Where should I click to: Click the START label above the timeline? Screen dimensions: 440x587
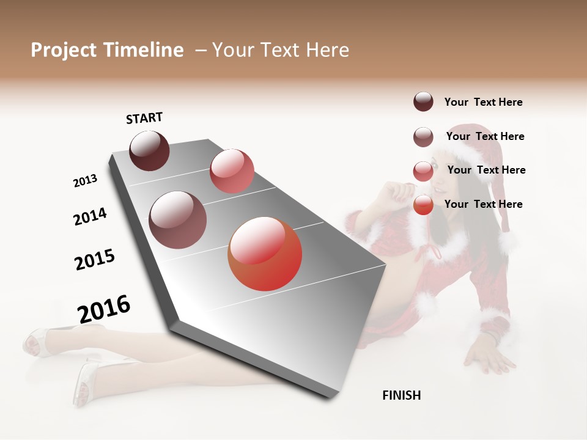144,118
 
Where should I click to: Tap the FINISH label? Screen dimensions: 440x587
401,395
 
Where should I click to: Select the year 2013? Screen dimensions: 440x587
86,181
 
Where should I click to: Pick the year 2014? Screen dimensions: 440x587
90,216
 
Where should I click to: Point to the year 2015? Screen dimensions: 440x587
95,260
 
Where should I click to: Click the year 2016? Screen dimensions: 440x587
104,309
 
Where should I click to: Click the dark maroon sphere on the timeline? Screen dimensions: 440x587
149,150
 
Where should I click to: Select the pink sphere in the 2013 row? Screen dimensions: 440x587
232,171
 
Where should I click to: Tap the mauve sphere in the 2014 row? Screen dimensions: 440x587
177,220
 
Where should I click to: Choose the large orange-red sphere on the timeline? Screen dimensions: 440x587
265,254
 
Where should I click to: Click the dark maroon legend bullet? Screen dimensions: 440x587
423,101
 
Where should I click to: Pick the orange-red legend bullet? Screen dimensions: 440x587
423,205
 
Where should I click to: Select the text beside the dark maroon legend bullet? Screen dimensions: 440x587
483,102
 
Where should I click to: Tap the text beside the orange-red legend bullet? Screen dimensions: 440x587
483,204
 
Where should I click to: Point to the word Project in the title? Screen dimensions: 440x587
63,50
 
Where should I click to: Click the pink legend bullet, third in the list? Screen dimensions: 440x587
423,171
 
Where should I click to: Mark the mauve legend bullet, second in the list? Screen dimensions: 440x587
423,137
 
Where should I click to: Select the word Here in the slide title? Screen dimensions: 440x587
327,50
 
